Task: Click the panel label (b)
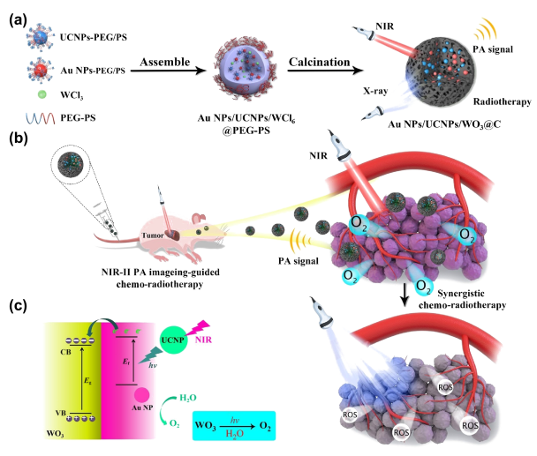[16, 138]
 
